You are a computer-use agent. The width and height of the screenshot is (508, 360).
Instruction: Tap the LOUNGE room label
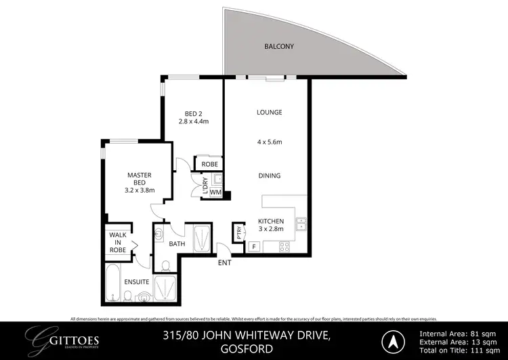click(269, 112)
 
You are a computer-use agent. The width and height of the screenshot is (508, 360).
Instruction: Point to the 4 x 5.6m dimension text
click(269, 142)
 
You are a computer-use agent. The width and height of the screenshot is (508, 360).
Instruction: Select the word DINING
click(269, 176)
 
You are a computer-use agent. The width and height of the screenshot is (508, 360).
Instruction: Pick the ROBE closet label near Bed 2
click(205, 164)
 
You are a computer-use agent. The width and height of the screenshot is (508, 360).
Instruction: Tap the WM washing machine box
click(215, 193)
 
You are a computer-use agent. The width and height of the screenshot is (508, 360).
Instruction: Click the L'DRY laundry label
click(205, 187)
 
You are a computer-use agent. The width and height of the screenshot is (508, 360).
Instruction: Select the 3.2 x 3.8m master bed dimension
click(139, 191)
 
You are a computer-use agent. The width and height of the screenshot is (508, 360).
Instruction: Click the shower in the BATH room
click(201, 239)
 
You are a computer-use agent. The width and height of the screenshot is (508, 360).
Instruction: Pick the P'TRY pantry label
click(238, 232)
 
